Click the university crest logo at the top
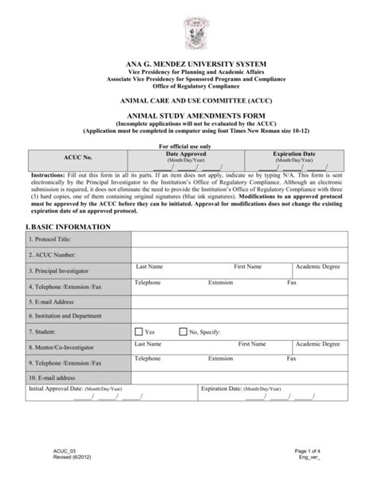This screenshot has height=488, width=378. click(190, 30)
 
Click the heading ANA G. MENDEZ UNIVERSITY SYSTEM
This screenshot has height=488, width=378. click(189, 63)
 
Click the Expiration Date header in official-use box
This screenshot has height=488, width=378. click(293, 152)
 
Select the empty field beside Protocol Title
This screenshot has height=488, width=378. click(239, 240)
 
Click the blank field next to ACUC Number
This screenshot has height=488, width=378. click(239, 255)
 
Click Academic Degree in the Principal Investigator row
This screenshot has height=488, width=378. click(318, 267)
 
